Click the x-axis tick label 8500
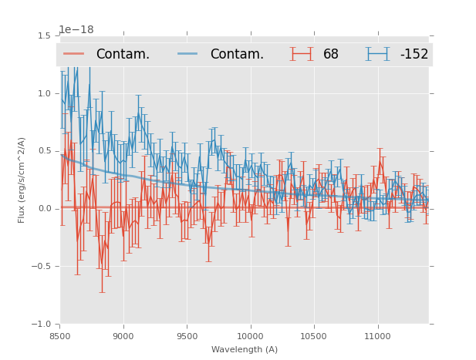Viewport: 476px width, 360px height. pyautogui.click(x=59, y=336)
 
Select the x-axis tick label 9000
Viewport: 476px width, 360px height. pyautogui.click(x=123, y=336)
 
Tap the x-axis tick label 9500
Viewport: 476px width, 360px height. pyautogui.click(x=187, y=336)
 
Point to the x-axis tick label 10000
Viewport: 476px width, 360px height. pyautogui.click(x=250, y=336)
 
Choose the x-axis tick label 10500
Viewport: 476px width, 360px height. pyautogui.click(x=314, y=336)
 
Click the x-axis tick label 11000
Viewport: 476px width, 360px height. pyautogui.click(x=377, y=336)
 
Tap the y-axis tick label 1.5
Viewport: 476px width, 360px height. pyautogui.click(x=44, y=35)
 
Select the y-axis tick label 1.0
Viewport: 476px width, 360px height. pyautogui.click(x=44, y=93)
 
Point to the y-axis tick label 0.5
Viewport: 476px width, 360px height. pyautogui.click(x=44, y=151)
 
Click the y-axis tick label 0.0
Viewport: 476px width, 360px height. pyautogui.click(x=44, y=209)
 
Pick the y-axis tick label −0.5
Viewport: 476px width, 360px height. pyautogui.click(x=42, y=267)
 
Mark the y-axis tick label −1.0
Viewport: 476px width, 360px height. pyautogui.click(x=42, y=325)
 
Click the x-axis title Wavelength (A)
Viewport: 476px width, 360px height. pyautogui.click(x=245, y=350)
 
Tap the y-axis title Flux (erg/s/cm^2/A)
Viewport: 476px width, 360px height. pyautogui.click(x=22, y=180)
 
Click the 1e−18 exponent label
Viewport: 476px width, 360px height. pyautogui.click(x=76, y=30)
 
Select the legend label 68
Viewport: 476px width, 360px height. pyautogui.click(x=331, y=55)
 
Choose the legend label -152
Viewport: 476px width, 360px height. pyautogui.click(x=414, y=55)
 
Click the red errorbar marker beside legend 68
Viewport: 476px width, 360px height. pyautogui.click(x=302, y=54)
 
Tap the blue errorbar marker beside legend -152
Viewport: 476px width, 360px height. pyautogui.click(x=378, y=54)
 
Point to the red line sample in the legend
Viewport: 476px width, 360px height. pyautogui.click(x=75, y=54)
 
